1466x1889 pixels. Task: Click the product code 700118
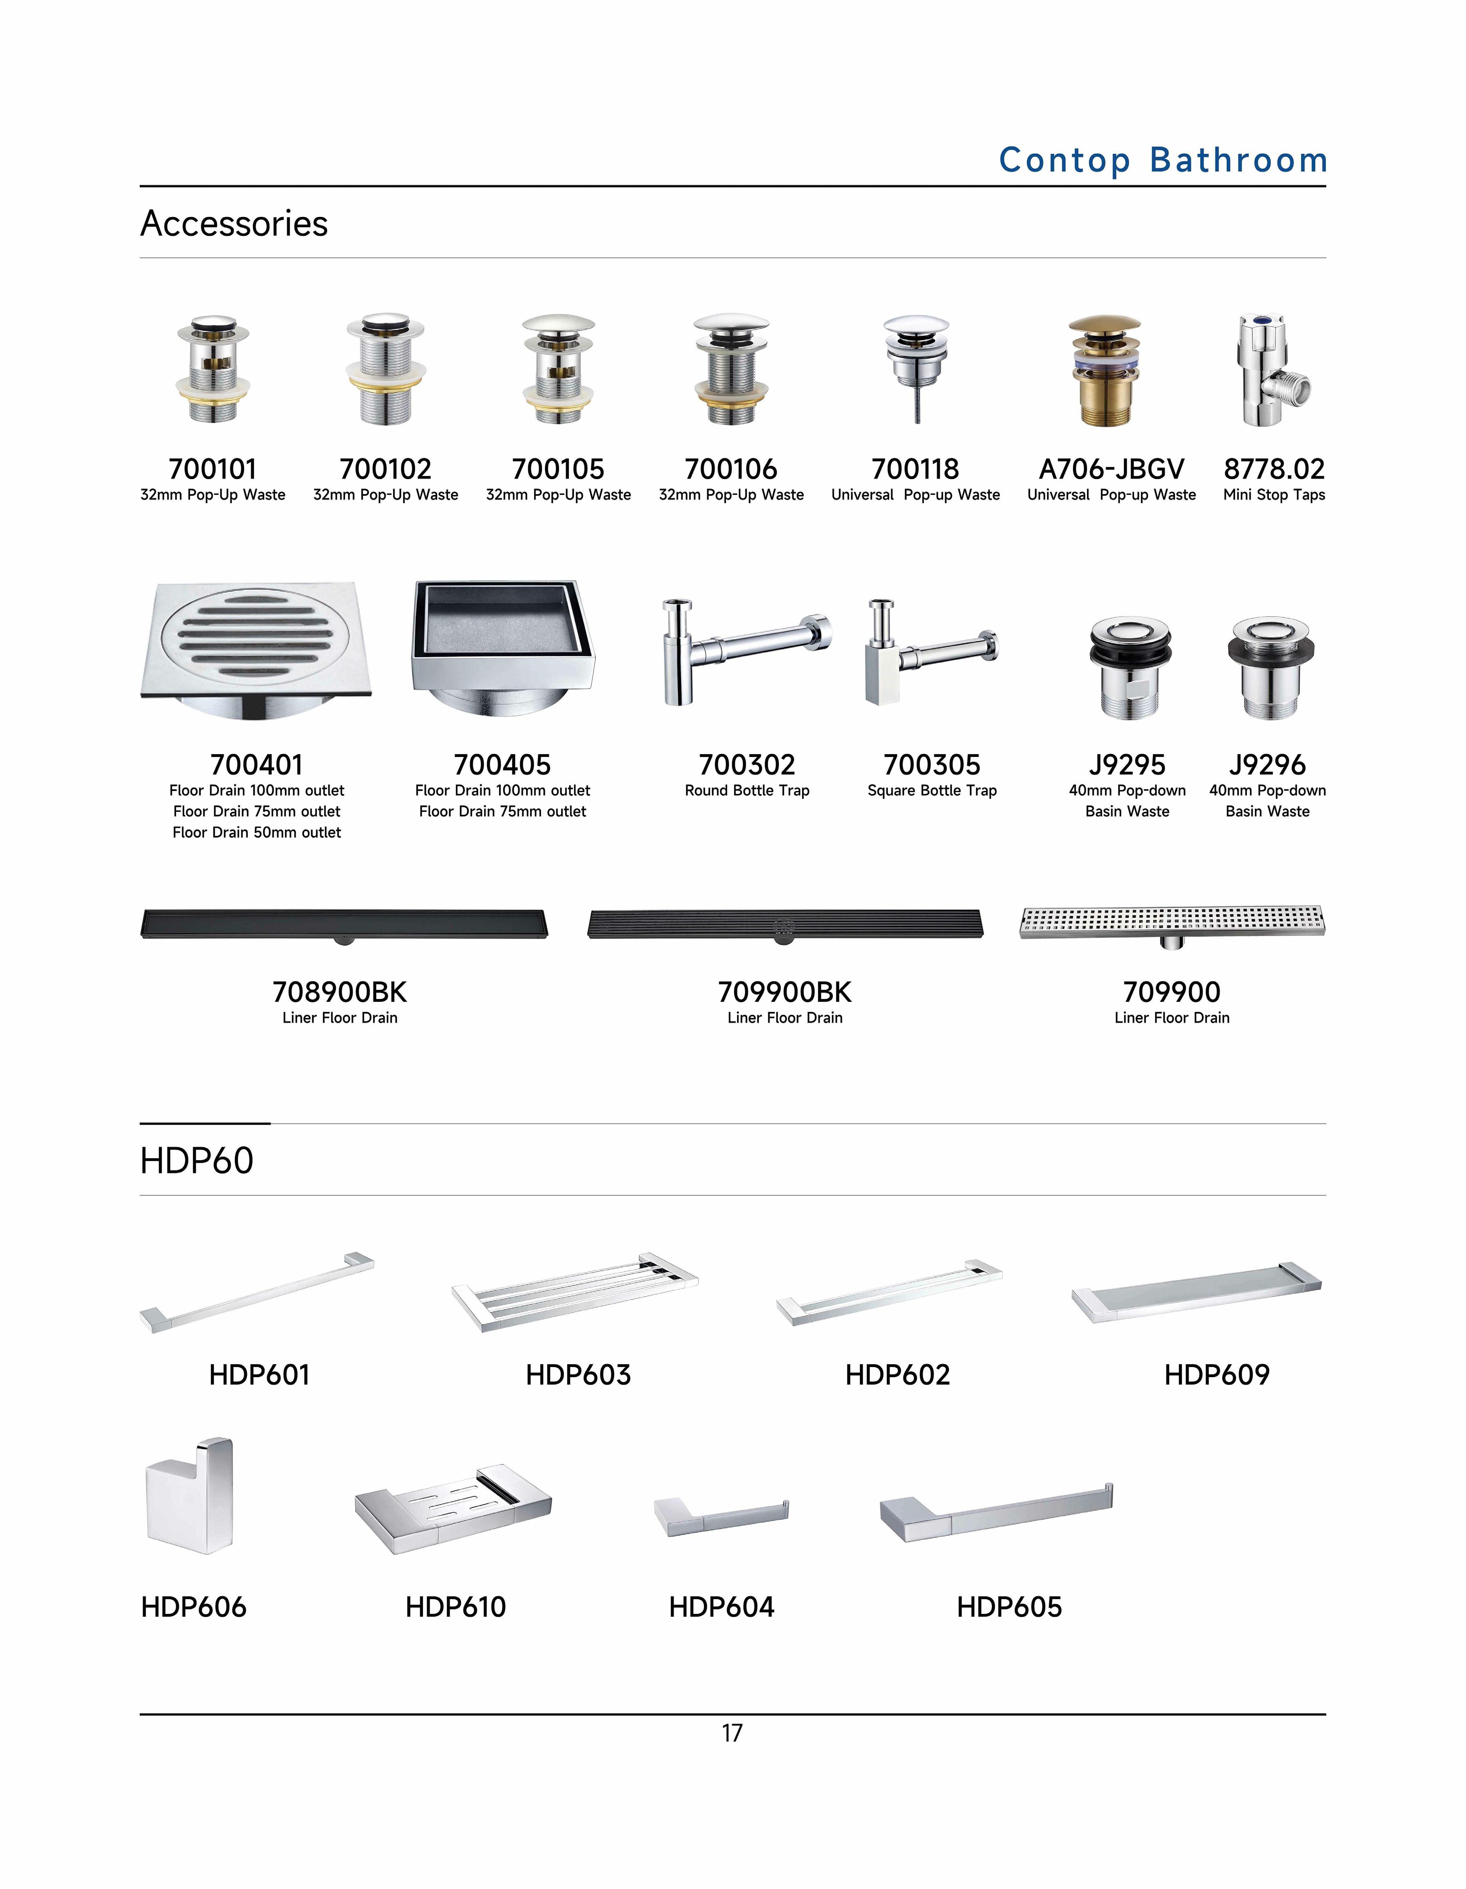point(915,469)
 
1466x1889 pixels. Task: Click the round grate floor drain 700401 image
point(256,648)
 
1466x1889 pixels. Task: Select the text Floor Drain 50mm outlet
point(257,832)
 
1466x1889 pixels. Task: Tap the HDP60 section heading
point(197,1161)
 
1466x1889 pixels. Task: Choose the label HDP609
point(1216,1374)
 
